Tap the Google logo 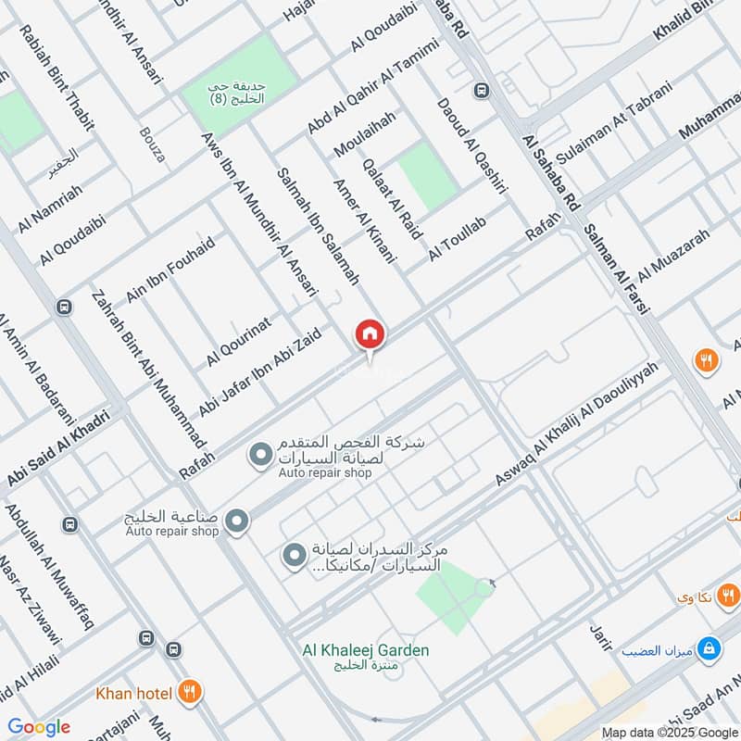click(x=39, y=727)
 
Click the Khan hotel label click(x=133, y=693)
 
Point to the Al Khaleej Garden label click(x=365, y=650)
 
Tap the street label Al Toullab click(x=457, y=239)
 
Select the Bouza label click(x=153, y=145)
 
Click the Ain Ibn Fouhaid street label click(x=170, y=270)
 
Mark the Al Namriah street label click(x=50, y=207)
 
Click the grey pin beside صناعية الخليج click(x=237, y=522)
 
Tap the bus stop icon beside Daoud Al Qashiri click(x=481, y=91)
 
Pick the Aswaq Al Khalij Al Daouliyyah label click(x=576, y=425)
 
